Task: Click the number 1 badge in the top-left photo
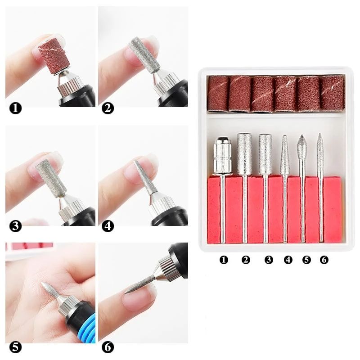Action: (x=16, y=108)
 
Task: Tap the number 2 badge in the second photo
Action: (x=108, y=108)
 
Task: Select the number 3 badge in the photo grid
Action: (x=16, y=225)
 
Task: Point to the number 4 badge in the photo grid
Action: (x=108, y=225)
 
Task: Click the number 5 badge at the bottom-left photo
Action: (x=16, y=347)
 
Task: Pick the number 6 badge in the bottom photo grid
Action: (x=108, y=347)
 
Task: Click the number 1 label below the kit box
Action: (x=224, y=260)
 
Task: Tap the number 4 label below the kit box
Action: (x=288, y=260)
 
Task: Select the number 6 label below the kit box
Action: (x=324, y=260)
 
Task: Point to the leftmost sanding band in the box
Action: (x=218, y=93)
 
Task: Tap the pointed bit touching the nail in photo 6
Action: (x=137, y=283)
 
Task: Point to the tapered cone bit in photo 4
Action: (x=145, y=178)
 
